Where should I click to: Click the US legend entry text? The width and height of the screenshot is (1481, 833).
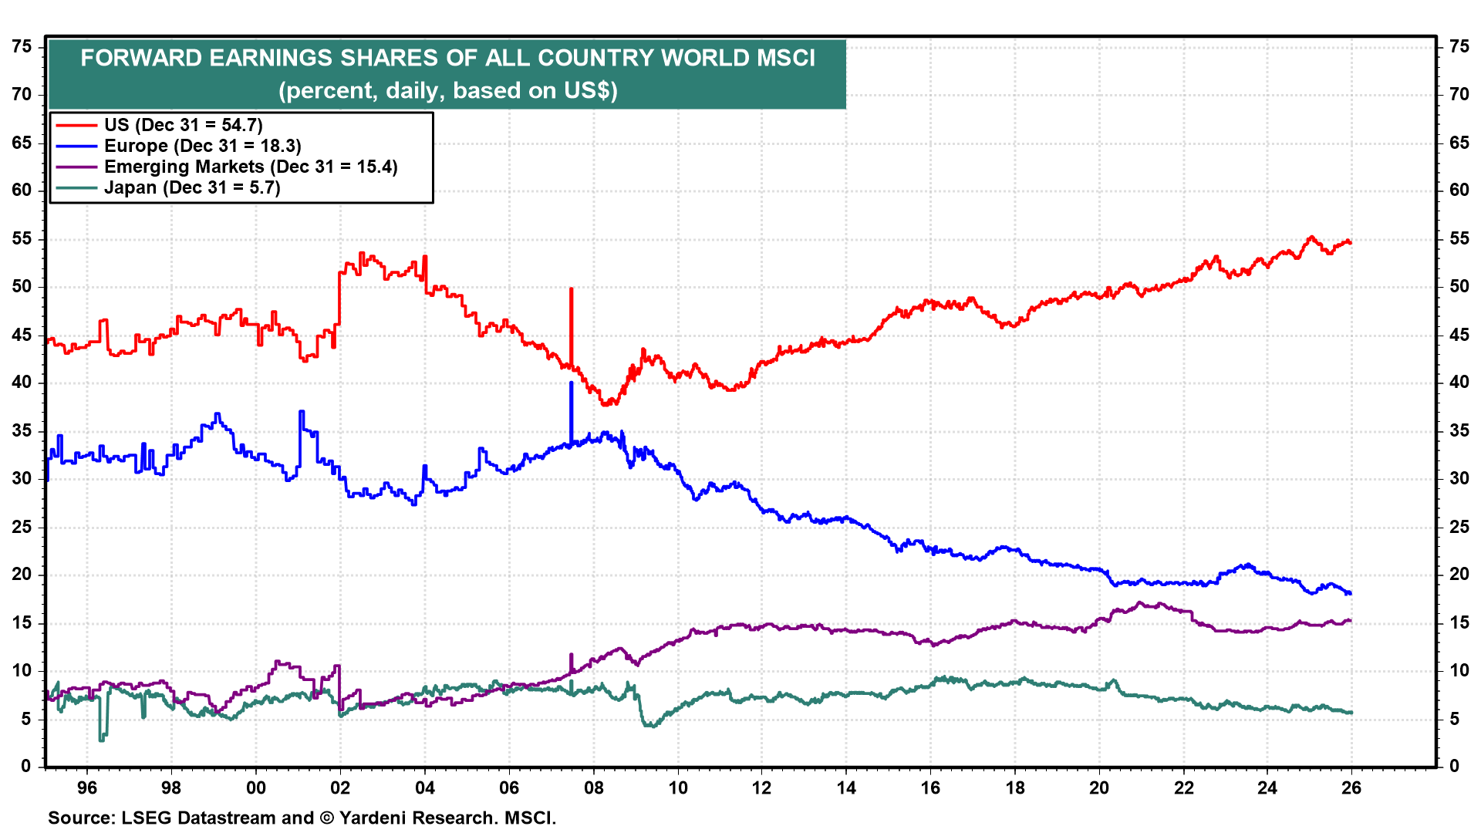[184, 125]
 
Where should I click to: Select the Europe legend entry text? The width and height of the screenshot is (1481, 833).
[202, 146]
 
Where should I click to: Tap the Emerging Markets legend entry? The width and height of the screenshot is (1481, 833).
[251, 167]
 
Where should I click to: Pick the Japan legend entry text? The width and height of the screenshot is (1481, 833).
[192, 187]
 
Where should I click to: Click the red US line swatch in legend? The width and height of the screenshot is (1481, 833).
[76, 125]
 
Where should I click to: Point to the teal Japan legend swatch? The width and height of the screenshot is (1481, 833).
[76, 187]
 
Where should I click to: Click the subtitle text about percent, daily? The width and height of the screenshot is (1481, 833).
[447, 90]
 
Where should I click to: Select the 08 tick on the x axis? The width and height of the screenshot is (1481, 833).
[593, 787]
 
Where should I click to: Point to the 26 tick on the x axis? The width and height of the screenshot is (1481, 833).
[1351, 787]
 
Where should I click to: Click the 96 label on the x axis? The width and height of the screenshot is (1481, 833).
[87, 787]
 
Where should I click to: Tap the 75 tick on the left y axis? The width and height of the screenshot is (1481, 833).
[22, 47]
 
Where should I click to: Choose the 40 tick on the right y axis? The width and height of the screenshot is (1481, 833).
[1459, 383]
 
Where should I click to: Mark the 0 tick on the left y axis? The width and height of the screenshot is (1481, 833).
[26, 766]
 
